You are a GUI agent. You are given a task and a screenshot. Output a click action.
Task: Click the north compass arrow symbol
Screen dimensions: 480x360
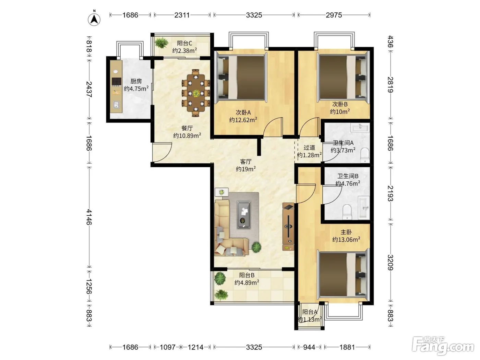(x=94, y=20)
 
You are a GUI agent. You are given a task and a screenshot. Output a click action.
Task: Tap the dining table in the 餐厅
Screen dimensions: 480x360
(x=196, y=93)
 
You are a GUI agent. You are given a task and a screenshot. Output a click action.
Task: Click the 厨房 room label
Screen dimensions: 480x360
(x=136, y=81)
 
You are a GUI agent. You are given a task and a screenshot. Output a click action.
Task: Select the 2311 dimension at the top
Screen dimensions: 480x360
(x=182, y=15)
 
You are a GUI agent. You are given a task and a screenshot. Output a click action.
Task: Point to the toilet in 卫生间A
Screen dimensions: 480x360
(x=364, y=155)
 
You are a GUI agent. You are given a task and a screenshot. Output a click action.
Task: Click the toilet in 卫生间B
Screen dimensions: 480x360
(x=347, y=212)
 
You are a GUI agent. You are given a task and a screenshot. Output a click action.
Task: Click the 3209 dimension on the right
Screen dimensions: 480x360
(x=391, y=263)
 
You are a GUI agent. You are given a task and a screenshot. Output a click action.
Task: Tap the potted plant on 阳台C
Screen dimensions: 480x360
(x=161, y=43)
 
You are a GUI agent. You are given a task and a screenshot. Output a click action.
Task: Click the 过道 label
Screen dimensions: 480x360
(x=309, y=147)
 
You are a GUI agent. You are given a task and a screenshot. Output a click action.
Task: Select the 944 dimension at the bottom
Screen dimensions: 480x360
(x=309, y=347)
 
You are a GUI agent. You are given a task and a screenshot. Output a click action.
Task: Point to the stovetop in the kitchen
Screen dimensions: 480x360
(x=116, y=82)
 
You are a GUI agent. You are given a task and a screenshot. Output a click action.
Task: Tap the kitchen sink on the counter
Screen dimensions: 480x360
(x=116, y=105)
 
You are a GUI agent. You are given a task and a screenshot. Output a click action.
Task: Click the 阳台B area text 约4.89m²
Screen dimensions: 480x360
(x=247, y=283)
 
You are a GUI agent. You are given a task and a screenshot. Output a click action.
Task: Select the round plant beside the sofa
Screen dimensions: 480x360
(x=256, y=247)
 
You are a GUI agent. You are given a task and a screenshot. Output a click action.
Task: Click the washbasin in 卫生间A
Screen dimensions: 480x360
(x=360, y=127)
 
